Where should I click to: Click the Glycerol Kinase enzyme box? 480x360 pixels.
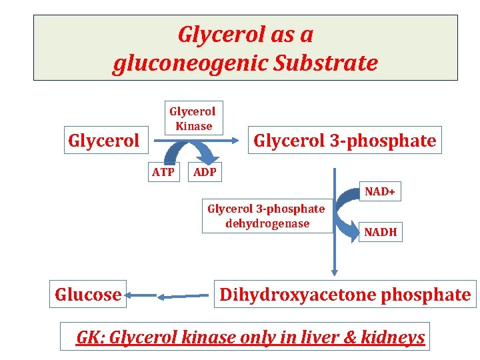[x=192, y=118]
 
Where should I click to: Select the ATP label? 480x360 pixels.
[x=163, y=173]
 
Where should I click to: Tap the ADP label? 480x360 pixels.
[x=204, y=173]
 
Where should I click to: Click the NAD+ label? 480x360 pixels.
[x=379, y=192]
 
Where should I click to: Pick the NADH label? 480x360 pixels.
[x=380, y=232]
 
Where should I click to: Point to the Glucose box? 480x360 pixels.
[x=88, y=294]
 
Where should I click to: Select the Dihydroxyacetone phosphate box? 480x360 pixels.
[x=345, y=294]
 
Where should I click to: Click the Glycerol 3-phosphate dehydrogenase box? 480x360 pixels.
[x=266, y=216]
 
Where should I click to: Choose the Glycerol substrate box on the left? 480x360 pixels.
[x=103, y=141]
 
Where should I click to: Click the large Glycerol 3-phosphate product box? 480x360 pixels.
[x=345, y=141]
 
